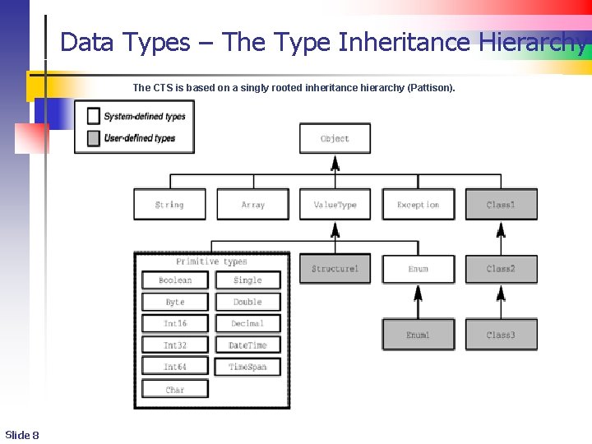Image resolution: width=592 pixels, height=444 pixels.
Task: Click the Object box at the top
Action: [335, 138]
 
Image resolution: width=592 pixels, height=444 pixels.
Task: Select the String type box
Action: [169, 204]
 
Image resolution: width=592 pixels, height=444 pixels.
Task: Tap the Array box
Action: [252, 204]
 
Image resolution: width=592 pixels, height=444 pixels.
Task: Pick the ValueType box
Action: [335, 204]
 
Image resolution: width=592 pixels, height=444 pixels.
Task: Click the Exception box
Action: [418, 204]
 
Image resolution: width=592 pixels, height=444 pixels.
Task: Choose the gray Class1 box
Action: [501, 204]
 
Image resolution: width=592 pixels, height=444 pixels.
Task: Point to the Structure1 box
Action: [335, 269]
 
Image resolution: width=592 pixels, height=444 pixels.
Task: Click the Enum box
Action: [418, 269]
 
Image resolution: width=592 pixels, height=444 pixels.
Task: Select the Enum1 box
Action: [418, 335]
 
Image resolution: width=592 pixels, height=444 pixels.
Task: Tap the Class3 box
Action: [501, 335]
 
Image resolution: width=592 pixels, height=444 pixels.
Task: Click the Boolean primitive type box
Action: [175, 280]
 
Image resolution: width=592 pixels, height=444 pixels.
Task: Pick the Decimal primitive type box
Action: [247, 323]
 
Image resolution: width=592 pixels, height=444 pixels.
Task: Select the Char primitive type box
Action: [175, 389]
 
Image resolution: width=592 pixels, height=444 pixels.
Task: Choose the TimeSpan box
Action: [247, 367]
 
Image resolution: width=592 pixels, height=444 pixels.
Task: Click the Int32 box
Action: [175, 345]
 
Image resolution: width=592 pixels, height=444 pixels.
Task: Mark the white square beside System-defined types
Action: [94, 116]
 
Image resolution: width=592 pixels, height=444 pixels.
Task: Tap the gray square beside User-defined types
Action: [94, 138]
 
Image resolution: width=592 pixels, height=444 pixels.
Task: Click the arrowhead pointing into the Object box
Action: [335, 161]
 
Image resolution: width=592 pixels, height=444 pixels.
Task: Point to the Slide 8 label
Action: [22, 434]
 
